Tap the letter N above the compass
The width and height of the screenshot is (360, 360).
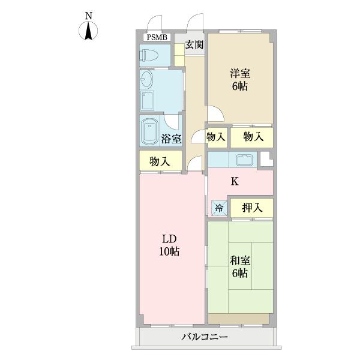point(89,16)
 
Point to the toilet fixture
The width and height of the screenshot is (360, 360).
point(149,56)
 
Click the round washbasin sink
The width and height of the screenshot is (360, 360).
point(146,79)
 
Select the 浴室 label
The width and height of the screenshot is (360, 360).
point(172,139)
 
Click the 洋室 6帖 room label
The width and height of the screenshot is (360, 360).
point(240,80)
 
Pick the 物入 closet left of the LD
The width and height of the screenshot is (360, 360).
point(160,161)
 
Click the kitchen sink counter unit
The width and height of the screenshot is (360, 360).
point(245,160)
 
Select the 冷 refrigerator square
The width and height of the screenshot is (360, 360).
point(219,208)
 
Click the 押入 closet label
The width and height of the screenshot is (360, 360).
point(252,208)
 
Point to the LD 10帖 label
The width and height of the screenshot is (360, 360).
point(170,245)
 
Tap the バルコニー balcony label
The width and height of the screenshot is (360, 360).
point(205,338)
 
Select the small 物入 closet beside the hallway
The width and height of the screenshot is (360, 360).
point(217,137)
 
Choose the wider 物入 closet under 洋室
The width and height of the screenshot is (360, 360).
point(253,137)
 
